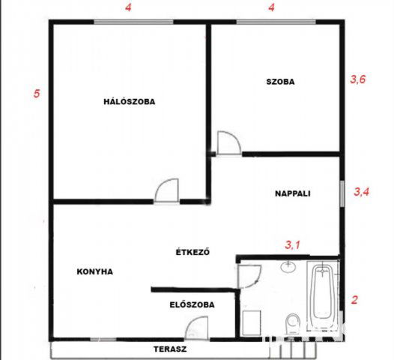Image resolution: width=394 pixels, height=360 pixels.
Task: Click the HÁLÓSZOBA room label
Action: (x=130, y=102)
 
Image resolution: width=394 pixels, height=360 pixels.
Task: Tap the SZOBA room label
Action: (x=280, y=82)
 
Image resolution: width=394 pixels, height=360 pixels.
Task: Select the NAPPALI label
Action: (x=293, y=193)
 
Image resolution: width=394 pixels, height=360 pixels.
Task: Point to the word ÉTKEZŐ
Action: (x=193, y=252)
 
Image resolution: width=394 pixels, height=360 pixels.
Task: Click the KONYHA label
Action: (x=94, y=271)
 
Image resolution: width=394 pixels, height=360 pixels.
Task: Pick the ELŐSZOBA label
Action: (x=193, y=304)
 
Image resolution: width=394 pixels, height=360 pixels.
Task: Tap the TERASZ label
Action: (x=170, y=349)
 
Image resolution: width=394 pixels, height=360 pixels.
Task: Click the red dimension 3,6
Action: (x=358, y=79)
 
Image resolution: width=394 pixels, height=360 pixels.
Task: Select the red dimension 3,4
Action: (x=362, y=192)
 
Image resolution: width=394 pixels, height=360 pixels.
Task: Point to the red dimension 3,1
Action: (x=292, y=244)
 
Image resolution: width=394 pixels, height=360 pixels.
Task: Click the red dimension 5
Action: (x=37, y=94)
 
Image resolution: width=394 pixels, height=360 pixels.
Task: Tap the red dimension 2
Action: (x=354, y=300)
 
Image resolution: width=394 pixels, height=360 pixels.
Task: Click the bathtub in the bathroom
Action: (x=323, y=295)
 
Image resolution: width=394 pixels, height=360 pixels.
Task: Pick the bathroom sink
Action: (x=288, y=267)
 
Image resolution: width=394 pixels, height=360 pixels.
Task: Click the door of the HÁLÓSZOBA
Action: (x=167, y=190)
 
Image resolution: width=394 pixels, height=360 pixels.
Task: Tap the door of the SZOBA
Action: (x=229, y=142)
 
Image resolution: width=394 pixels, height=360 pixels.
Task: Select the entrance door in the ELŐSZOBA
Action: (x=197, y=328)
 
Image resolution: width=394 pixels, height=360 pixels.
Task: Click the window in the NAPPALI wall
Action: (x=342, y=193)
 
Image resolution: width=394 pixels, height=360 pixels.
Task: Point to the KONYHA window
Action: (x=103, y=340)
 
